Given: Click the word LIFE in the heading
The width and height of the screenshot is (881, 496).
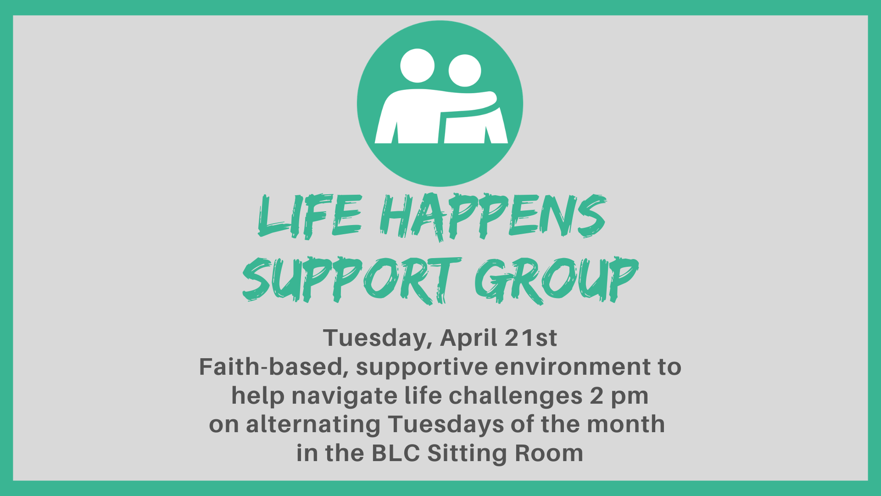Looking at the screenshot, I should coord(310,216).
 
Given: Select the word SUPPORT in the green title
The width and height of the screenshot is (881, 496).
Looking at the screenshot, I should coord(351,279).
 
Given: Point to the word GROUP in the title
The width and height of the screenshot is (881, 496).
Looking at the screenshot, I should coord(556,279).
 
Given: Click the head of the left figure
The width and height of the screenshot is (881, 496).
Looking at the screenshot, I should coord(417,66).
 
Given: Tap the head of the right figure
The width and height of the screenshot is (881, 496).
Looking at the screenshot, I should coord(465,71).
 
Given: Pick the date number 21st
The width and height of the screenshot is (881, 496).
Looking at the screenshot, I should coord(531,338).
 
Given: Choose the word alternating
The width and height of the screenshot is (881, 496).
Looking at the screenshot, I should coord(313,425).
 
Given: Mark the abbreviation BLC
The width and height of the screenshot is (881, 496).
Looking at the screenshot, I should coord(396,453).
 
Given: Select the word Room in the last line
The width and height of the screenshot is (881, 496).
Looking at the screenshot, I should coord(549,453).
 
